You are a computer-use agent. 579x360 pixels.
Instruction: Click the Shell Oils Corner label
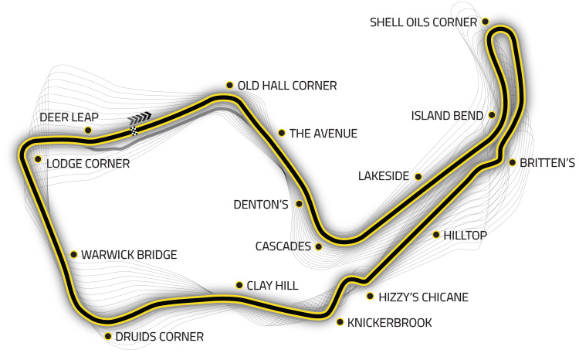click(x=423, y=22)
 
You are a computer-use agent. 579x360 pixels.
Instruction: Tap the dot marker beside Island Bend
click(x=492, y=116)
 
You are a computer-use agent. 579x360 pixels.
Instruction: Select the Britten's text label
click(x=547, y=163)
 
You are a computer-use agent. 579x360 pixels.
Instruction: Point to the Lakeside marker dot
click(x=418, y=177)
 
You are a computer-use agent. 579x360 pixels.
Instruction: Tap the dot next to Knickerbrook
click(x=340, y=322)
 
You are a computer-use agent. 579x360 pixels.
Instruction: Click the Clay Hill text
click(x=272, y=286)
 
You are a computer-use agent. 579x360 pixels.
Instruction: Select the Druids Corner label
click(x=159, y=337)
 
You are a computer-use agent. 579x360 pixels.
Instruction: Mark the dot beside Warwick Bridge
click(x=73, y=254)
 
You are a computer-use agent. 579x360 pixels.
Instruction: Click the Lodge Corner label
click(x=88, y=164)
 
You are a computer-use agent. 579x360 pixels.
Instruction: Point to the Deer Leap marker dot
click(x=88, y=130)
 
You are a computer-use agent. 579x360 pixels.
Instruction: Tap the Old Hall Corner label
click(x=286, y=86)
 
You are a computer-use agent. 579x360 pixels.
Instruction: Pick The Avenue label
click(x=323, y=134)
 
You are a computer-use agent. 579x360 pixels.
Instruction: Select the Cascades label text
click(x=283, y=247)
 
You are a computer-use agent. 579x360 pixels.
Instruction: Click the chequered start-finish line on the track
click(x=134, y=131)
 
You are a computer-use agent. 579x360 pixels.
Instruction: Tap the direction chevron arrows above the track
click(x=141, y=117)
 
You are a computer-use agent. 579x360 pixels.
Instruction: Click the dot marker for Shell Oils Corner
click(x=485, y=22)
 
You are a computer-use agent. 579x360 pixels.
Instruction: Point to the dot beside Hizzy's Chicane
click(x=371, y=296)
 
